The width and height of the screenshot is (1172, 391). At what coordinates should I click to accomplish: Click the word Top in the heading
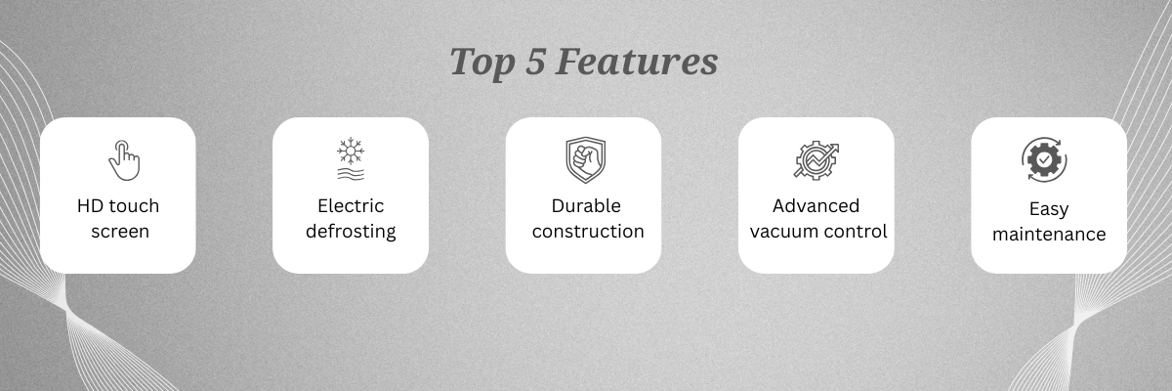coord(481,64)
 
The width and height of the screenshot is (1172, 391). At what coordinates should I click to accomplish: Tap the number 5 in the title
coord(535,62)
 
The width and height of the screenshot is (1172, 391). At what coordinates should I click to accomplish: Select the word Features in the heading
coord(636,62)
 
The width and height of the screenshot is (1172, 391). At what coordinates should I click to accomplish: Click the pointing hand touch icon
coord(124,160)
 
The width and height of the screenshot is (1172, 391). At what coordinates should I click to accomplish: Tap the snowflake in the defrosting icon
coord(351,152)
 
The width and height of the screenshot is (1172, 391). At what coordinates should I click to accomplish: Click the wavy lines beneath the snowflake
coord(351,174)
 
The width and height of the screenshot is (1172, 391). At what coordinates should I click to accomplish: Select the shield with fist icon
coord(585,159)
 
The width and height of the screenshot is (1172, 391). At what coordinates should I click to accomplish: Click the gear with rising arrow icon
coord(816,160)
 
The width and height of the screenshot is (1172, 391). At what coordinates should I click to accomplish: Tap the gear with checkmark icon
coord(1044,159)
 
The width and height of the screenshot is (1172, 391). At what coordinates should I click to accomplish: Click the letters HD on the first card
coord(90,205)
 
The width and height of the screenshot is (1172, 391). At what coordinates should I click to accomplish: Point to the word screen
coord(120,232)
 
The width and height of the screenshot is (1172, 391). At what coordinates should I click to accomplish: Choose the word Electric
coord(351,205)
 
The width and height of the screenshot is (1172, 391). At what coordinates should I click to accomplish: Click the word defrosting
coord(351,232)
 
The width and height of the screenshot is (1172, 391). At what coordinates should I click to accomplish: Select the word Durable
coord(586,205)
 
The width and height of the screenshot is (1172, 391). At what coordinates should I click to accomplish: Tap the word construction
coord(588,232)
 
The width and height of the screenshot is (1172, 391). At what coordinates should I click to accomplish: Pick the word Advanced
coord(816,205)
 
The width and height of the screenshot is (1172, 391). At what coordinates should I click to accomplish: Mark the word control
coord(852,231)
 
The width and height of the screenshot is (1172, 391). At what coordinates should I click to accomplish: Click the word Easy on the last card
coord(1049,209)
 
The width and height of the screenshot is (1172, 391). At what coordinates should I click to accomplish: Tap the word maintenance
coord(1049,234)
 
